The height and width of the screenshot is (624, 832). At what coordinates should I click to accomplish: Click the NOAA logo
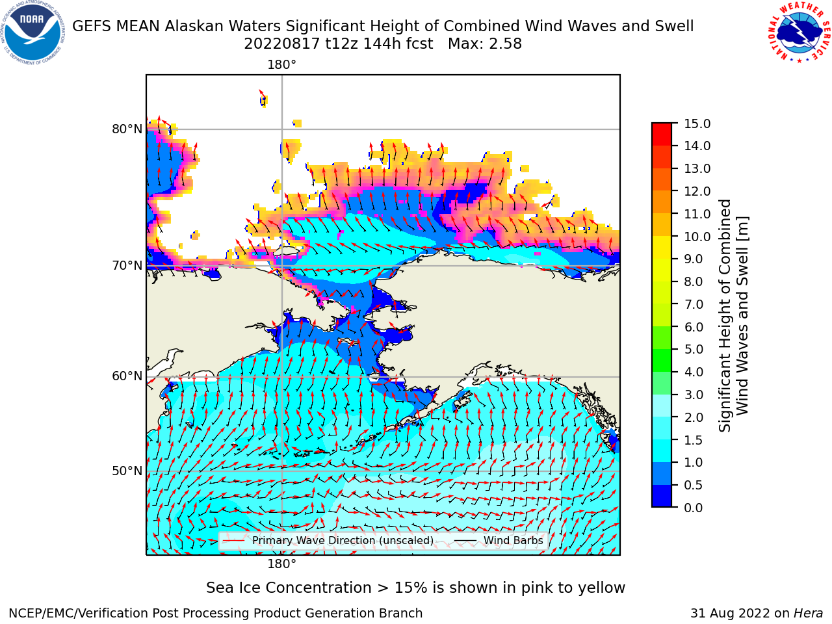tap(33, 33)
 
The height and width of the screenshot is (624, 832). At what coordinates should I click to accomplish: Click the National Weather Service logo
tap(799, 33)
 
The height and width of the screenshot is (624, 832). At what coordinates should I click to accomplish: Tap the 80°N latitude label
tap(127, 129)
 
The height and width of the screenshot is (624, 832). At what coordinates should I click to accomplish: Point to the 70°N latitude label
tap(127, 266)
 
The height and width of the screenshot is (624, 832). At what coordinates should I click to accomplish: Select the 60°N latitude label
tap(127, 376)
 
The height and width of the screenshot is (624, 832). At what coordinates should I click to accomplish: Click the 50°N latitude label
tap(127, 471)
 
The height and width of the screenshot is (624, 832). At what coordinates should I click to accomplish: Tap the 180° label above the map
tap(281, 65)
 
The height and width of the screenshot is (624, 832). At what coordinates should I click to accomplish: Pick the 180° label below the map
tap(281, 564)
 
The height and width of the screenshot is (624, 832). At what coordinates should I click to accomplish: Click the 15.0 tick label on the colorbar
tap(697, 124)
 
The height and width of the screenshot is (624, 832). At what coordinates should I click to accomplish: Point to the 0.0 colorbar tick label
tap(694, 508)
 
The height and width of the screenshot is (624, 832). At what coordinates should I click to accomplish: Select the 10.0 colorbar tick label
tap(697, 237)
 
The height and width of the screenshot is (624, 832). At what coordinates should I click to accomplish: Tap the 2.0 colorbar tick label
tap(694, 417)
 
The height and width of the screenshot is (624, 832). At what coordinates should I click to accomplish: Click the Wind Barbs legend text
tap(513, 541)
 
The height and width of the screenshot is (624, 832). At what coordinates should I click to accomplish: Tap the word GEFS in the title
tap(92, 27)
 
